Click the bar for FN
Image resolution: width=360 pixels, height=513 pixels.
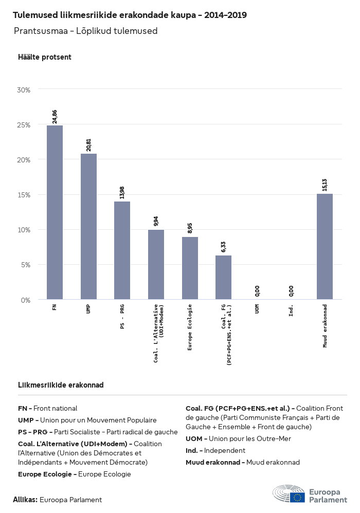55,212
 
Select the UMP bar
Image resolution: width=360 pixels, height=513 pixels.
88,226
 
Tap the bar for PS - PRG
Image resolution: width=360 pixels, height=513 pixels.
122,250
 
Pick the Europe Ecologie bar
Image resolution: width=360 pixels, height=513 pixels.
190,268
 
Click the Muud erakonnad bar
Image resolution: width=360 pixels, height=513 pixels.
325,246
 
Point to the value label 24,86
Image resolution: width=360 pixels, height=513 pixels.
55,116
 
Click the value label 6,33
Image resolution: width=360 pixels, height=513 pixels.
224,246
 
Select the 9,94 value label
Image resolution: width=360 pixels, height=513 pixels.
156,221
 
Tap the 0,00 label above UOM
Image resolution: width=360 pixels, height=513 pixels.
257,291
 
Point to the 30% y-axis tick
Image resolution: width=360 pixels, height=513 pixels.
24,90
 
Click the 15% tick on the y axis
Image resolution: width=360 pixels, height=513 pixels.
24,195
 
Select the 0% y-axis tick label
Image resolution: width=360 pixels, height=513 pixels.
26,300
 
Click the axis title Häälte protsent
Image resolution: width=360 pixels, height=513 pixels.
45,57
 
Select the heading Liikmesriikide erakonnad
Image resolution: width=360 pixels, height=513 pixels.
61,385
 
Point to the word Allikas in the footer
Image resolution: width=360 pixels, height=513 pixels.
25,500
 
